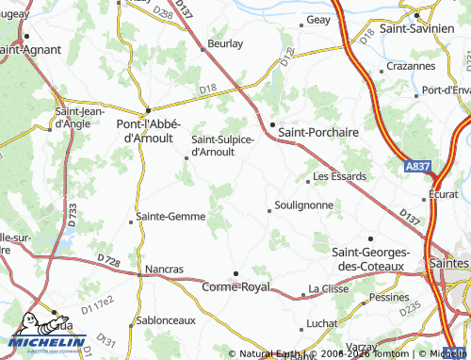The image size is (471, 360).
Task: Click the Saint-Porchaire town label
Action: click(318, 133)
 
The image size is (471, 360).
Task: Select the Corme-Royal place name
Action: click(235, 286)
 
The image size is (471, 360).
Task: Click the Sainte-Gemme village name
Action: click(171, 216)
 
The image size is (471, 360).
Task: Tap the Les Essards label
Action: click(339, 176)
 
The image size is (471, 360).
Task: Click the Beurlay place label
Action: click(224, 43)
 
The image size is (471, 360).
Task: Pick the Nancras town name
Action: click(164, 269)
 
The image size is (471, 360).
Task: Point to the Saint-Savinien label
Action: click(433, 30)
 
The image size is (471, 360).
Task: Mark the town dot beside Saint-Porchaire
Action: click(272, 124)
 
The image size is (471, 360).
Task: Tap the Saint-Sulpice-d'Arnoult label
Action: click(222, 146)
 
